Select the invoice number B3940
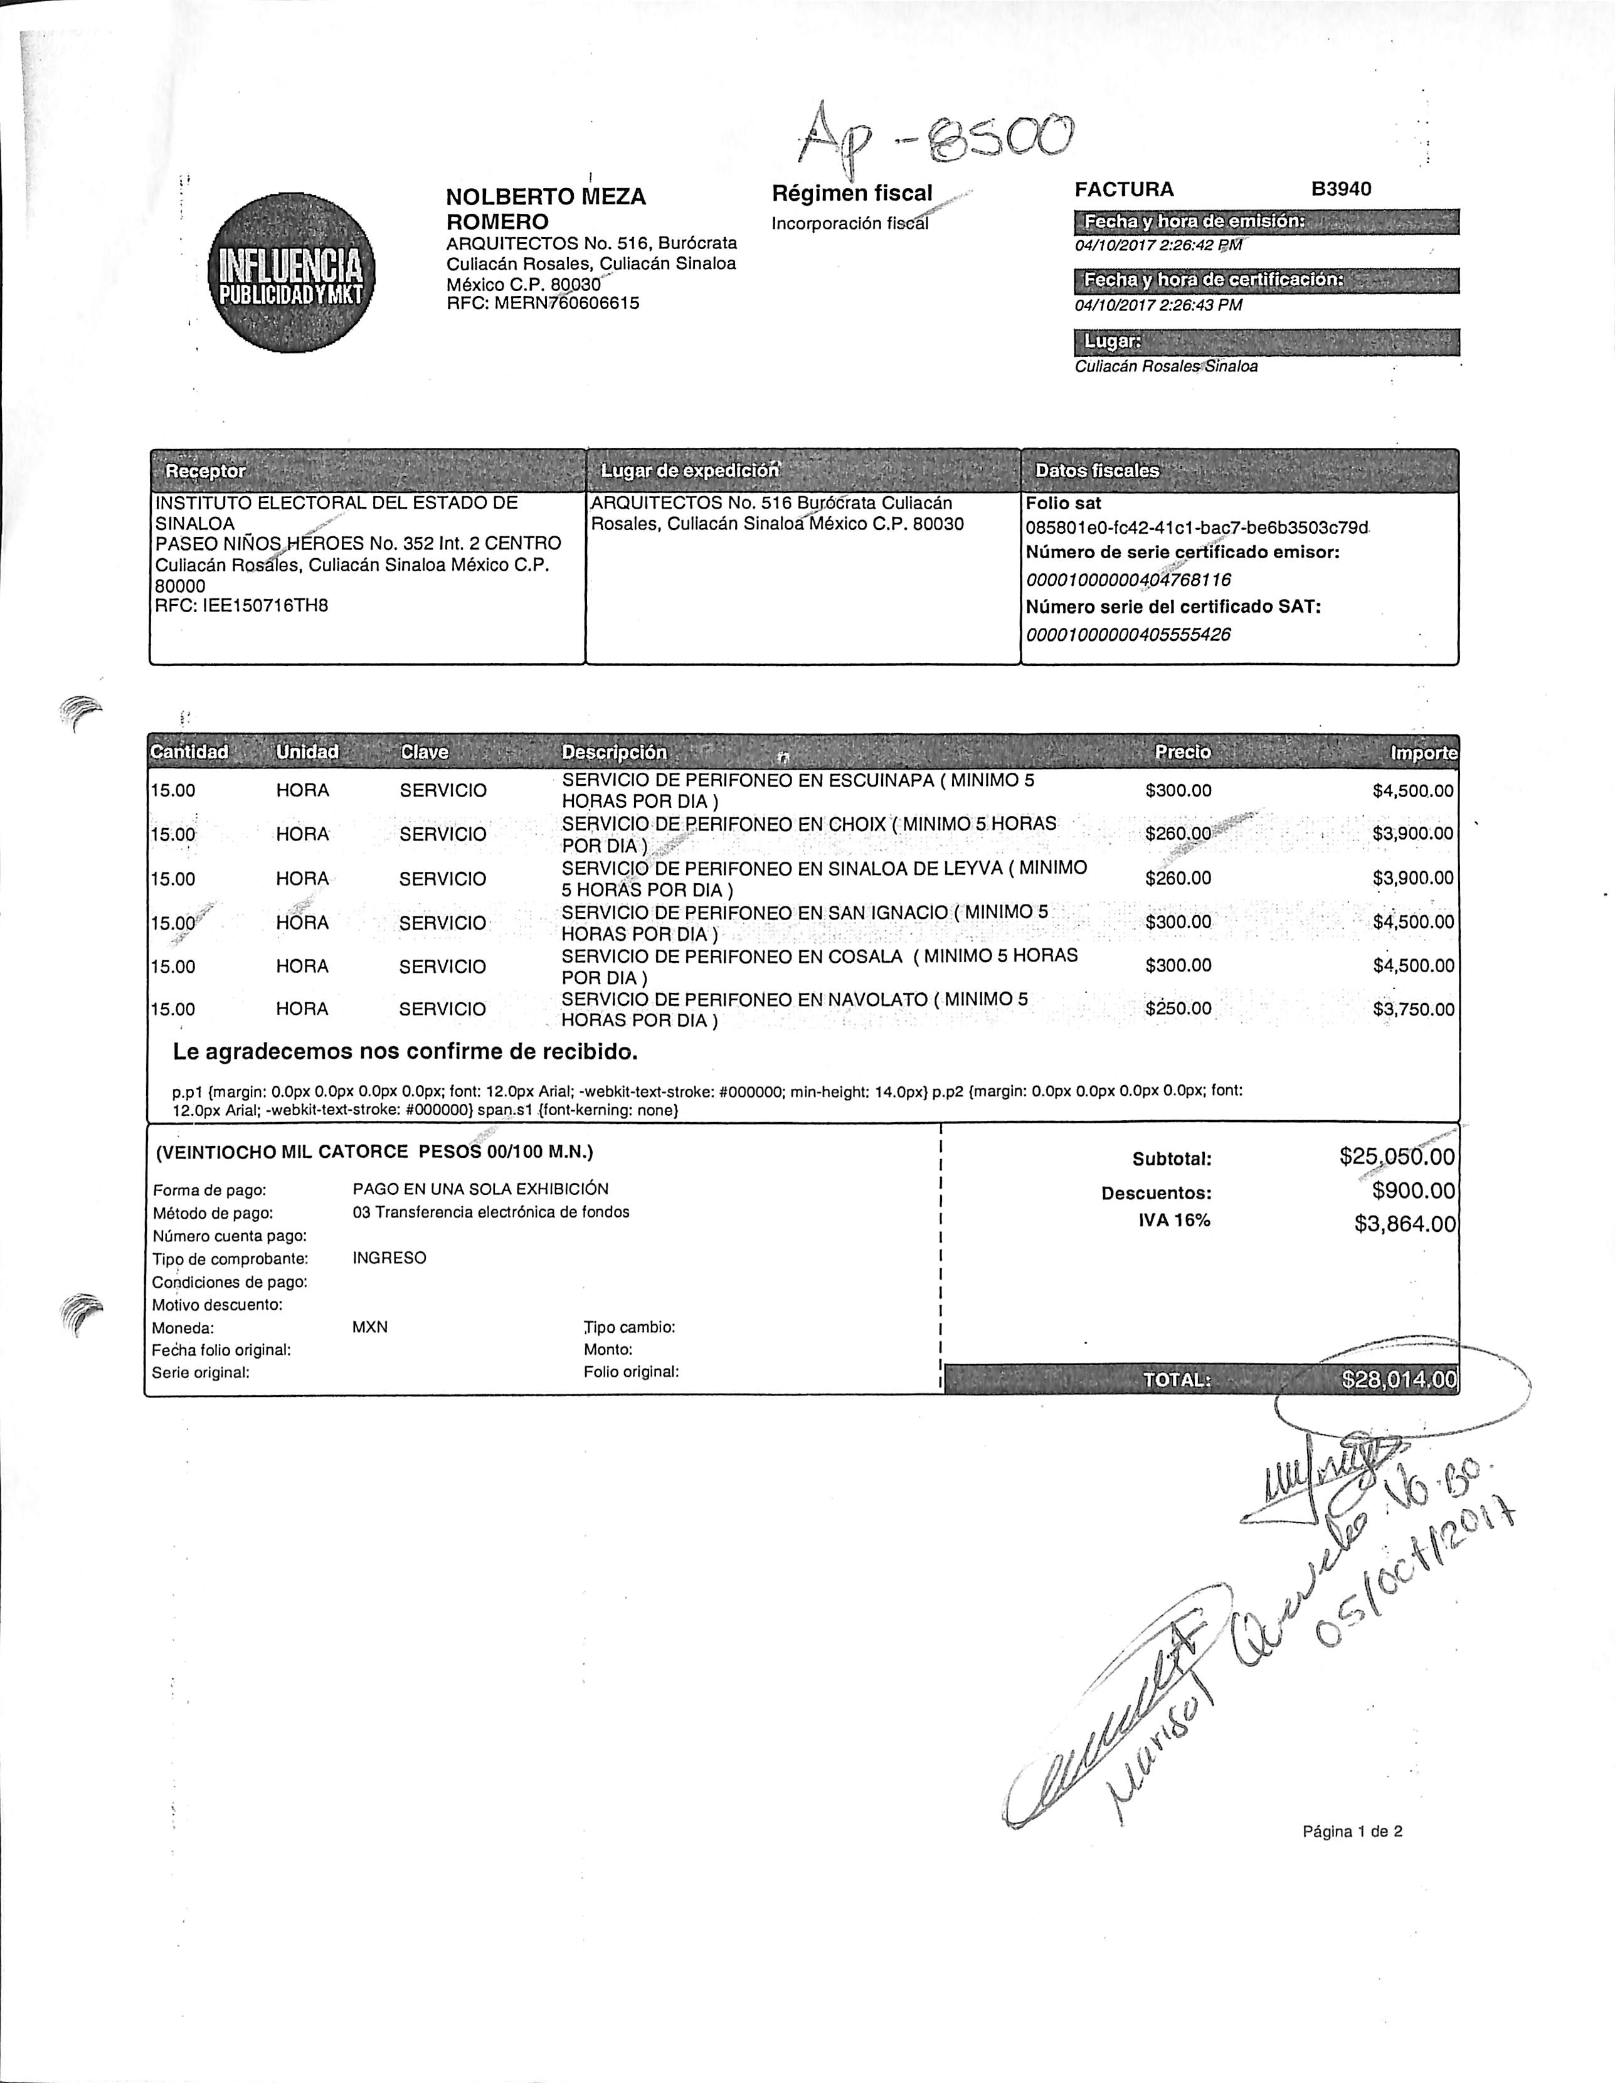coord(1340,189)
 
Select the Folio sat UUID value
coord(1197,527)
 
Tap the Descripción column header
coord(615,753)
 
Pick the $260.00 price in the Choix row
coord(1178,834)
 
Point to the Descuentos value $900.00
coord(1414,1190)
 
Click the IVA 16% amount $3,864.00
coord(1404,1224)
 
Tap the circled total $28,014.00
coord(1399,1379)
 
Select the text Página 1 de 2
coord(1352,1831)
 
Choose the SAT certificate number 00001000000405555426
coord(1128,634)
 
